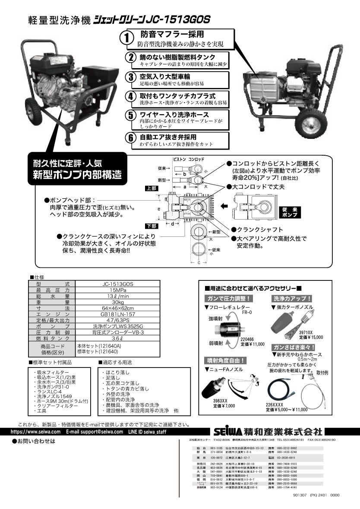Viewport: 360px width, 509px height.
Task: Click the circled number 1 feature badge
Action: (126, 38)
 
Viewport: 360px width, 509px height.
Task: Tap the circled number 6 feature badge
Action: (131, 138)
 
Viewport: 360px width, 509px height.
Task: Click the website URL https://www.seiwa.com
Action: (35, 431)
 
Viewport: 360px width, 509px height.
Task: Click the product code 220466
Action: (247, 339)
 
